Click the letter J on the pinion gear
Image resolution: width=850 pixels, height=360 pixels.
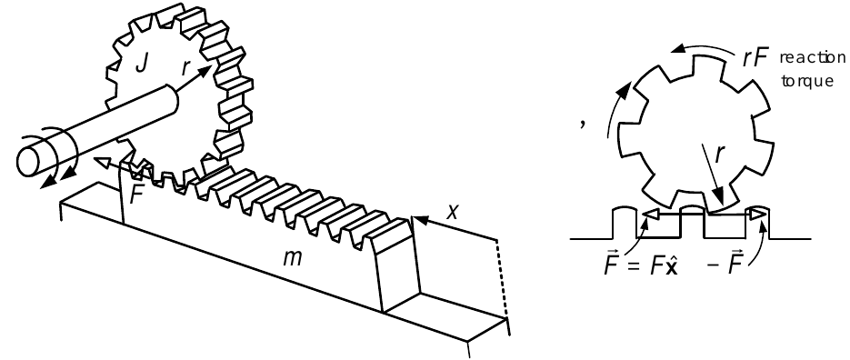tap(142, 63)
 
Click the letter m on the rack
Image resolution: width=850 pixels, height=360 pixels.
tap(292, 258)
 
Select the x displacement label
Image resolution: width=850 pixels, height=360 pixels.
tap(452, 212)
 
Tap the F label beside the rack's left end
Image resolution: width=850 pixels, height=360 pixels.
tap(137, 195)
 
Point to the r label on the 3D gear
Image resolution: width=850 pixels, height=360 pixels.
tap(186, 67)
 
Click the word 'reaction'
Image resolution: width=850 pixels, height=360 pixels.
tap(812, 58)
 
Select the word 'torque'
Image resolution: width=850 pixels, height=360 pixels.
tap(807, 81)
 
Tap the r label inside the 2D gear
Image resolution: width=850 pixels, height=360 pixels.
tap(719, 155)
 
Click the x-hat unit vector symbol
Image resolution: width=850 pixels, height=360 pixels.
tap(671, 265)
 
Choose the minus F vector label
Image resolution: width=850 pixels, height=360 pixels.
tap(725, 264)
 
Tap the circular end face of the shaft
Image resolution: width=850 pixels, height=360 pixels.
tap(30, 161)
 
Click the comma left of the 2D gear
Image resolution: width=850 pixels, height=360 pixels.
tap(583, 124)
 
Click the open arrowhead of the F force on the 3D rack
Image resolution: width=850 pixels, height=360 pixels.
tap(99, 161)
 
